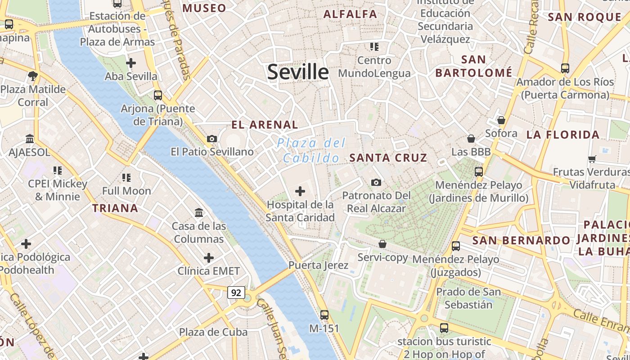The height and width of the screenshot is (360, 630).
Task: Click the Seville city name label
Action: click(x=298, y=72)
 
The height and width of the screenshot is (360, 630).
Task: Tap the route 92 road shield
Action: click(x=236, y=293)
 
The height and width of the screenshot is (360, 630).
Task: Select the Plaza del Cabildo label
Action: click(x=311, y=150)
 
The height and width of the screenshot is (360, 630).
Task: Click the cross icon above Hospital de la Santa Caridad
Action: click(x=300, y=192)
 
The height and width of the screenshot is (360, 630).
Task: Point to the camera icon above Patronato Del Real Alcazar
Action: click(x=376, y=182)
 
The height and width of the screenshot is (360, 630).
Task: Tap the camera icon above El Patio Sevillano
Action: click(x=212, y=139)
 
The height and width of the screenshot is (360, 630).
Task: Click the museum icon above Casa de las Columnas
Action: click(x=199, y=212)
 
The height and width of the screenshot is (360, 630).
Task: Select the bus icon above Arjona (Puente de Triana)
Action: click(x=158, y=95)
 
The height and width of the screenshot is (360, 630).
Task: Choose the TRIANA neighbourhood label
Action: click(x=115, y=208)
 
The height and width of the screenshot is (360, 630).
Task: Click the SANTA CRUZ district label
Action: click(x=388, y=157)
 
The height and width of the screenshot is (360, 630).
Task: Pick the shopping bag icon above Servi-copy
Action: click(x=382, y=244)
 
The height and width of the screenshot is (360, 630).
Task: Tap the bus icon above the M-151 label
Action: click(x=324, y=315)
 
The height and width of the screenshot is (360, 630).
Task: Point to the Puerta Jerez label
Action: click(x=319, y=265)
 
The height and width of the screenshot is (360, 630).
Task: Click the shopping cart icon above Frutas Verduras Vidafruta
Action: click(x=592, y=159)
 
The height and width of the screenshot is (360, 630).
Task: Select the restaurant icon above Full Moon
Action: click(x=126, y=178)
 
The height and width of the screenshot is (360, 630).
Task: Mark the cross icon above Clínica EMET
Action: click(x=209, y=258)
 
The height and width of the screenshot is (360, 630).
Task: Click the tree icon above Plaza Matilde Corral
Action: click(x=32, y=76)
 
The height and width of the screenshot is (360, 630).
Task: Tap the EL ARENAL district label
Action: click(x=265, y=125)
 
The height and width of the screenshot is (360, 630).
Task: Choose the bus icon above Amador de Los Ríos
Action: click(x=565, y=68)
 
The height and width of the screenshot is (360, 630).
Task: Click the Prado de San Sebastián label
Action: click(x=468, y=298)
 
